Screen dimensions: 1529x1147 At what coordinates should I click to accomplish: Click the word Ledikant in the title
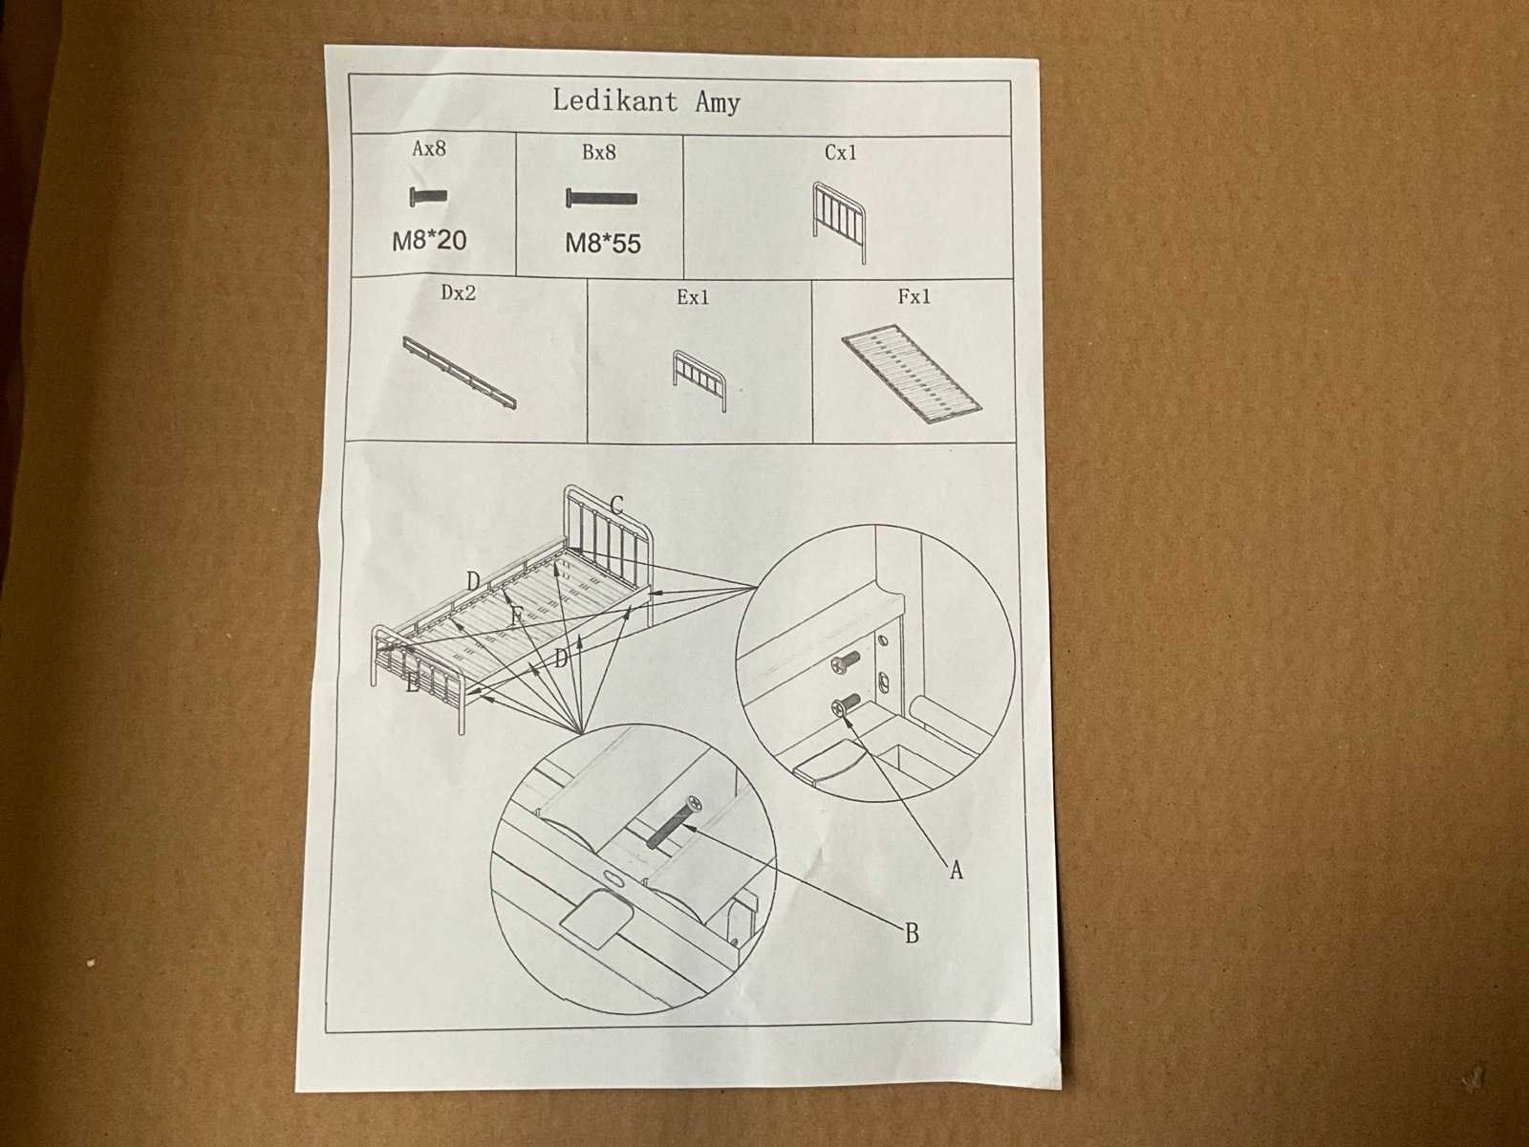(x=614, y=101)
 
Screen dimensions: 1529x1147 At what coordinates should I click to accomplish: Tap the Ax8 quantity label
(x=429, y=148)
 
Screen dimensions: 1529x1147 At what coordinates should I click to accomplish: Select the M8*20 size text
(x=429, y=241)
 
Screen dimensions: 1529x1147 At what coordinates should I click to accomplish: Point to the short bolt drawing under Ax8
(x=428, y=197)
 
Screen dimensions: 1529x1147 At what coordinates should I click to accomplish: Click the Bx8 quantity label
(x=599, y=153)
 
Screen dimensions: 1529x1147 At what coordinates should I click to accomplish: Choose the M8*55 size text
(x=603, y=244)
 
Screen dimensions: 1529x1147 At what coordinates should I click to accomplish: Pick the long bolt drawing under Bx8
(x=602, y=199)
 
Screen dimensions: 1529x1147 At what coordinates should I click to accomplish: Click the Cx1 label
(x=840, y=153)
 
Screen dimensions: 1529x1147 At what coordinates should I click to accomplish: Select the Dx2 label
(x=459, y=292)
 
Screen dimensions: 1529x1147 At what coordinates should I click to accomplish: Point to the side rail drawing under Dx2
(x=460, y=374)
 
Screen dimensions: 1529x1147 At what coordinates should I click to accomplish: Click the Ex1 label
(x=693, y=297)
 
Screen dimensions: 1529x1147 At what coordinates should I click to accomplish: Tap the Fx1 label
(x=914, y=296)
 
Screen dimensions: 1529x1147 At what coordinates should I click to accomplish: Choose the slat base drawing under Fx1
(x=911, y=376)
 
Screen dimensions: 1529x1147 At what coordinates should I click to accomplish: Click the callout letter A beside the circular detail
(x=957, y=870)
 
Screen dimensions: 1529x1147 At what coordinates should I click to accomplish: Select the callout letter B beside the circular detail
(x=912, y=933)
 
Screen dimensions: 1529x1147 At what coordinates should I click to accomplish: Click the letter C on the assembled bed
(x=615, y=505)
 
